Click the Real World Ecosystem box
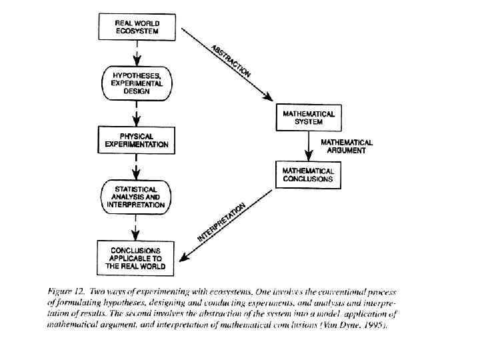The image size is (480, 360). (137, 28)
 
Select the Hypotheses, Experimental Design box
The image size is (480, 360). (136, 82)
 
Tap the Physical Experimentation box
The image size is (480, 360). (136, 140)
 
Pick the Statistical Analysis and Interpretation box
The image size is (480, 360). (136, 197)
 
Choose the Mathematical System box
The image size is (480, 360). (308, 118)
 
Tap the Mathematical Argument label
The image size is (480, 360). (347, 147)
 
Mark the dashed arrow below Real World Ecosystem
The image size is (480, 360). (136, 53)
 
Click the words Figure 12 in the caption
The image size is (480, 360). (66, 293)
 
